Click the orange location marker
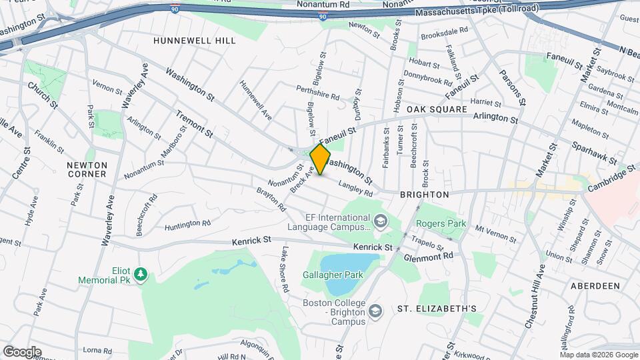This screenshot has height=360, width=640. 321,159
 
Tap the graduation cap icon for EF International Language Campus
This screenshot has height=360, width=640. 379,221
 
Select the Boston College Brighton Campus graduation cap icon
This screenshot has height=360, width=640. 375,311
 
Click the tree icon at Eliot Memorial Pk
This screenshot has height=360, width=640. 141,275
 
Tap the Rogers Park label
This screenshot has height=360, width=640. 441,224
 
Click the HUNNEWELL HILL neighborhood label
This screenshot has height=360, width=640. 195,41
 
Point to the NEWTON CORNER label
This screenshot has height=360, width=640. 87,169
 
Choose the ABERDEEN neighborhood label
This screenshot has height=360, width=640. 595,285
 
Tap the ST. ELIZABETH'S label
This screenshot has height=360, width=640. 437,309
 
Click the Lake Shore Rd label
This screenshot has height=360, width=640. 285,271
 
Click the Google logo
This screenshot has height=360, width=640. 22,352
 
